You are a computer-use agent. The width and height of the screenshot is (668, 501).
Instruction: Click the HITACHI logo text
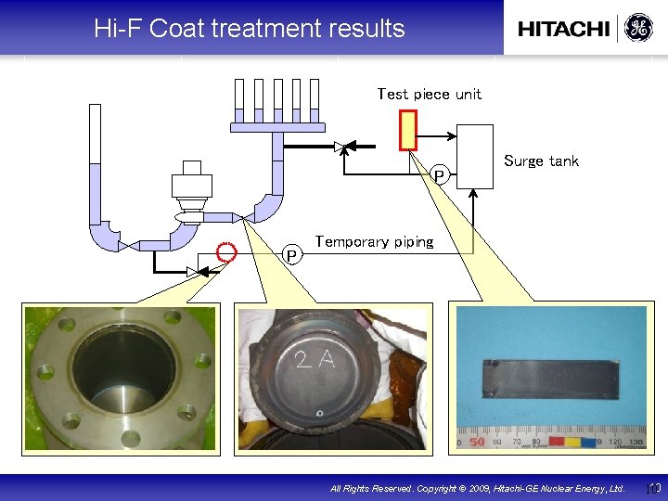click(x=563, y=29)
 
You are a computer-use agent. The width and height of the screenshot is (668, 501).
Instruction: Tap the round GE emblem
click(x=637, y=28)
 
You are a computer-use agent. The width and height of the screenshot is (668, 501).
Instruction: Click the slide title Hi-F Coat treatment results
click(x=249, y=29)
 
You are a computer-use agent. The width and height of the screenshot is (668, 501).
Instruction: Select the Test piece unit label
click(x=429, y=94)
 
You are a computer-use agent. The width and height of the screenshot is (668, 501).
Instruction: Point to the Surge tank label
click(x=541, y=161)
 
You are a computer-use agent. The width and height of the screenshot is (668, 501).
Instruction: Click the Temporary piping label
click(x=374, y=242)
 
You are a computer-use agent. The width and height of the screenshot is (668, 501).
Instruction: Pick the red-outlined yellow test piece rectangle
click(x=407, y=130)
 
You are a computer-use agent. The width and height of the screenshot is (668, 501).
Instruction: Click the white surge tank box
click(x=476, y=157)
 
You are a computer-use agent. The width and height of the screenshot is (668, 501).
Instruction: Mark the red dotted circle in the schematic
click(x=225, y=251)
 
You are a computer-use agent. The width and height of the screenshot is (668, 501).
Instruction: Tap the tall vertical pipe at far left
click(x=95, y=167)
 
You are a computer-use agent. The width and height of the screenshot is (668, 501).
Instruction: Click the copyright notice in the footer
click(x=478, y=487)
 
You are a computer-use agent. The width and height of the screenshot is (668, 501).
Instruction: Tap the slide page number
click(x=652, y=487)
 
